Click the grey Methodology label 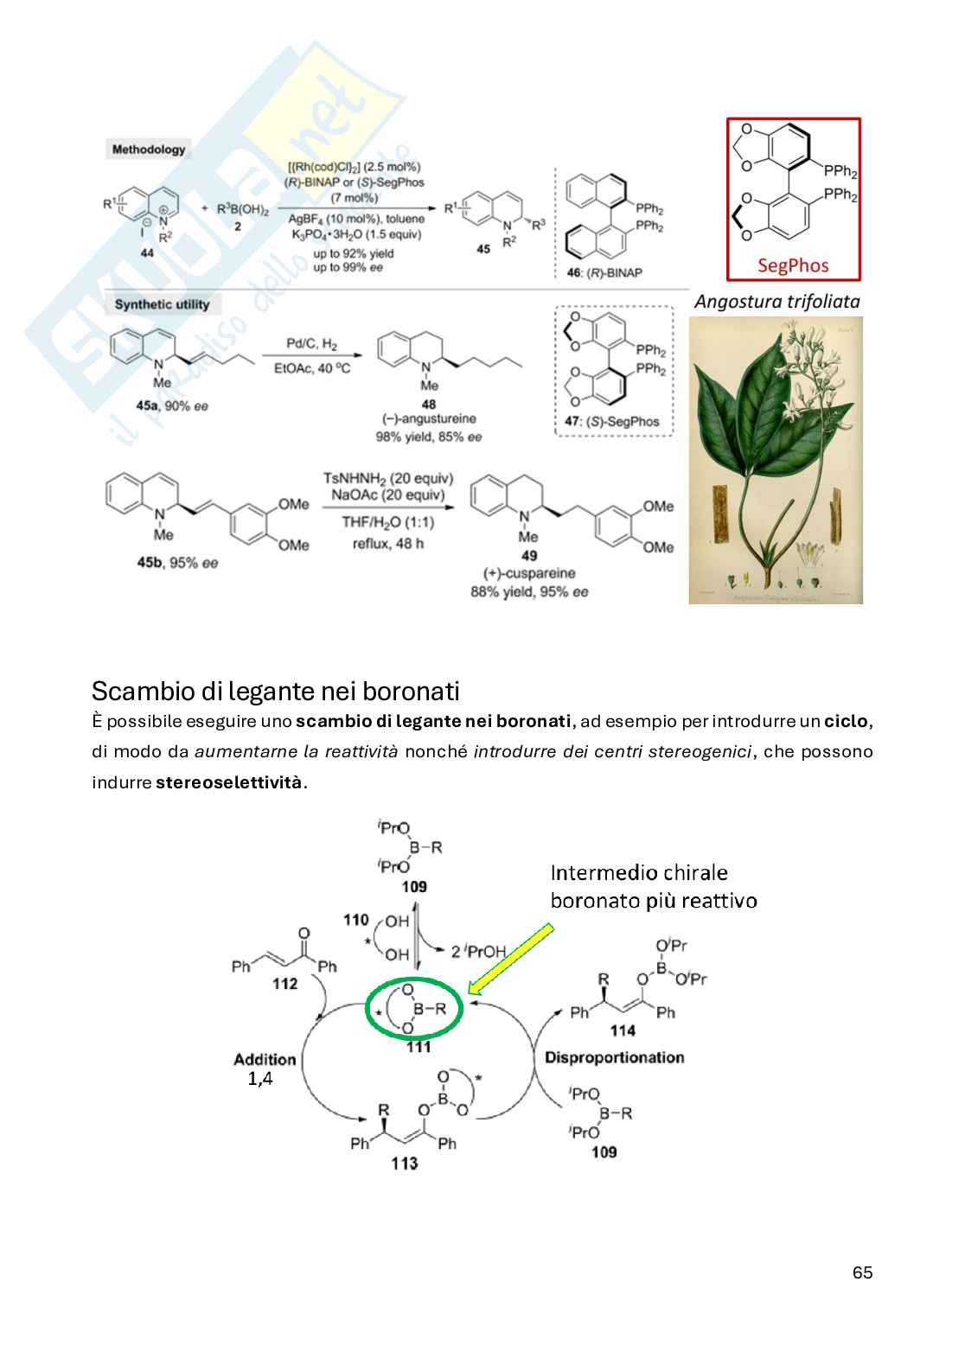point(148,150)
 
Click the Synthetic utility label point(162,304)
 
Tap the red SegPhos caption point(793,265)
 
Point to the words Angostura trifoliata point(776,302)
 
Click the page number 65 point(862,1273)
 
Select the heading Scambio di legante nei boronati point(275,692)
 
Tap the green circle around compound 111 point(416,1008)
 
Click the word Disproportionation point(614,1057)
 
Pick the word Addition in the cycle point(265,1059)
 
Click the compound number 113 point(404,1164)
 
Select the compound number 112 point(284,984)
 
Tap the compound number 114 point(623,1030)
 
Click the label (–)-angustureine point(429,419)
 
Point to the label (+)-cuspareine point(528,573)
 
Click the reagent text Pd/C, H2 point(311,345)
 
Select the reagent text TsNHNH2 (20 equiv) point(387,478)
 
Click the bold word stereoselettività point(229,782)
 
